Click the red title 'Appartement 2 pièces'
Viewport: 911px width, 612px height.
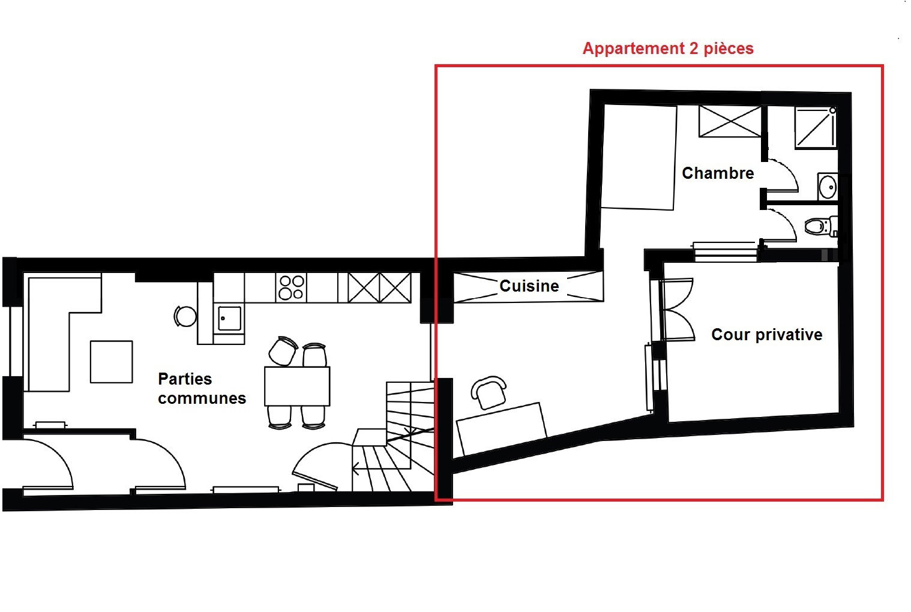click(x=667, y=49)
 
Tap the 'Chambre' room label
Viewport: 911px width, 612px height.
click(x=718, y=173)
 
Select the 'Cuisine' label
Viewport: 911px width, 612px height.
click(x=529, y=286)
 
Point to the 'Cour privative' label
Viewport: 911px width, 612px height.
click(x=766, y=334)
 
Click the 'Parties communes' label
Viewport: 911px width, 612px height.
click(x=202, y=388)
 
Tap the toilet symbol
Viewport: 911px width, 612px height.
click(x=816, y=226)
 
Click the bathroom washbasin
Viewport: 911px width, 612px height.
click(x=828, y=187)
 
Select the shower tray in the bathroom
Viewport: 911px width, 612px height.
click(x=816, y=127)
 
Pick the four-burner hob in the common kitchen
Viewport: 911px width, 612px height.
click(x=291, y=287)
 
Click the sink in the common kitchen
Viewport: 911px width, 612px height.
click(x=229, y=318)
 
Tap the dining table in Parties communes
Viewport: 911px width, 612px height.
click(x=297, y=386)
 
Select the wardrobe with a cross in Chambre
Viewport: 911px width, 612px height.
click(x=730, y=121)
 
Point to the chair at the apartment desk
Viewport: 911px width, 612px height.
click(x=490, y=392)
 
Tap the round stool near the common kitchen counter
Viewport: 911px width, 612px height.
click(x=185, y=316)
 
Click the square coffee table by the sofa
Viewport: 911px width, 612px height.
click(x=111, y=362)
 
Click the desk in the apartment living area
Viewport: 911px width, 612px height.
click(x=501, y=428)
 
